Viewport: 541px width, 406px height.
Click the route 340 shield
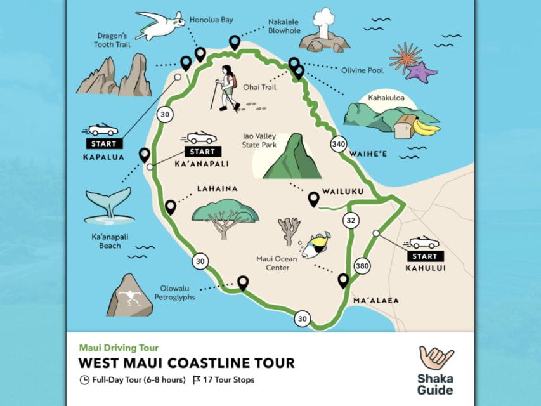339,145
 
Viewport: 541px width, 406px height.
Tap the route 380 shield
362,266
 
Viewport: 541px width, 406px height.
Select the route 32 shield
351,221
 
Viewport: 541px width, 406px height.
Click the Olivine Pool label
362,70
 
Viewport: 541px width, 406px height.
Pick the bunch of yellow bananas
426,128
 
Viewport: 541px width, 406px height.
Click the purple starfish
420,71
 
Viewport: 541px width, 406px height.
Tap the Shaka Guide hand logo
436,358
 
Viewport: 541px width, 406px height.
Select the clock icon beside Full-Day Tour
84,380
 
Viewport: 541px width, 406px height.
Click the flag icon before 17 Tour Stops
197,380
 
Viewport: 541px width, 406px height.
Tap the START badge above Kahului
424,256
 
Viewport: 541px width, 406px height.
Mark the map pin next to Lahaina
170,207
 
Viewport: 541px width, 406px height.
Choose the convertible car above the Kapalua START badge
103,129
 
